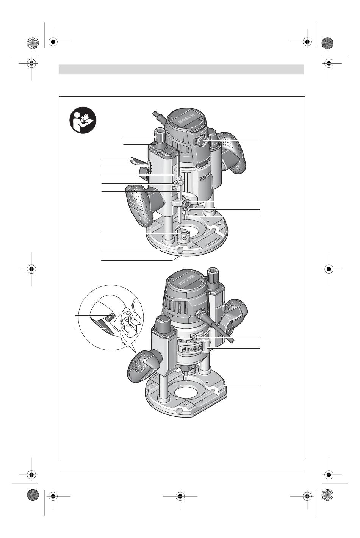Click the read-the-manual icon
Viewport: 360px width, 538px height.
83,120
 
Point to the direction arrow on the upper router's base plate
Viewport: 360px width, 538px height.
213,242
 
